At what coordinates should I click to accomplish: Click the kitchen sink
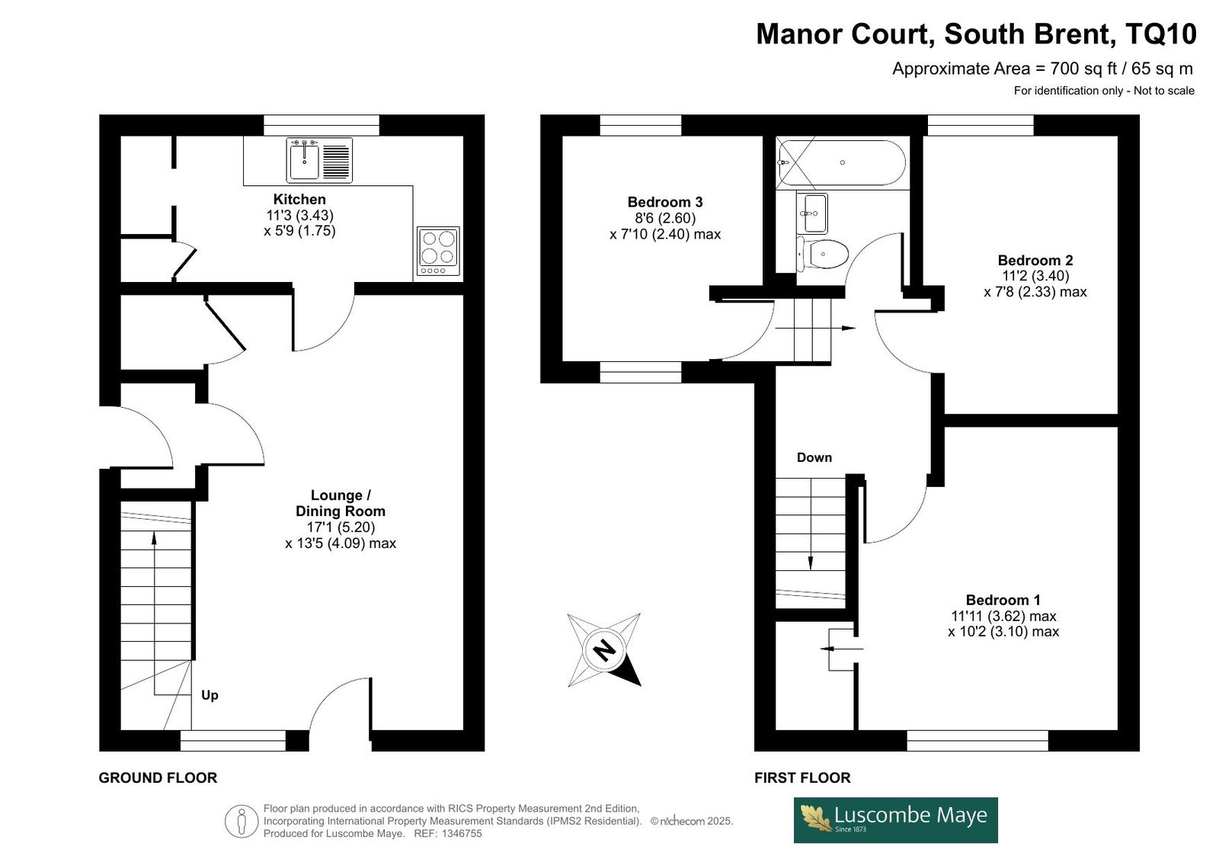(319, 160)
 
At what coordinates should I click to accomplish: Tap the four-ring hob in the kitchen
(438, 251)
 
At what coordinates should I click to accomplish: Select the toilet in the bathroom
(822, 254)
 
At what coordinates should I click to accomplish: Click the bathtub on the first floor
(842, 162)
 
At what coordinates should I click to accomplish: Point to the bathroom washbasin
(812, 213)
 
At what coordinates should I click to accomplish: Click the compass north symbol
(604, 649)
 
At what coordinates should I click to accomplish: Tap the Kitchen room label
(299, 199)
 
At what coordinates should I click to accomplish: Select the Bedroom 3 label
(665, 202)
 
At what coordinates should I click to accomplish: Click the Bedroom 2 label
(1035, 261)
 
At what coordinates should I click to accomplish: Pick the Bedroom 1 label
(1003, 600)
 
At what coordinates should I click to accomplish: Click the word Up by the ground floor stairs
(210, 695)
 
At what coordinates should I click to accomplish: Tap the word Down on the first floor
(814, 457)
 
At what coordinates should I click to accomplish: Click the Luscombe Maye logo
(896, 820)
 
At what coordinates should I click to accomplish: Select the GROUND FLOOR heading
(158, 777)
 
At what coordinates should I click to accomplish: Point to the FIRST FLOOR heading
(802, 777)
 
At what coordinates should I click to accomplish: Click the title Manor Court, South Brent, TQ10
(976, 34)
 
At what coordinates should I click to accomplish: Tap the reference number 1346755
(462, 834)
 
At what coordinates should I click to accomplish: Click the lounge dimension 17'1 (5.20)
(341, 527)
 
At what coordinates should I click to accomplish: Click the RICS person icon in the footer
(241, 821)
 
